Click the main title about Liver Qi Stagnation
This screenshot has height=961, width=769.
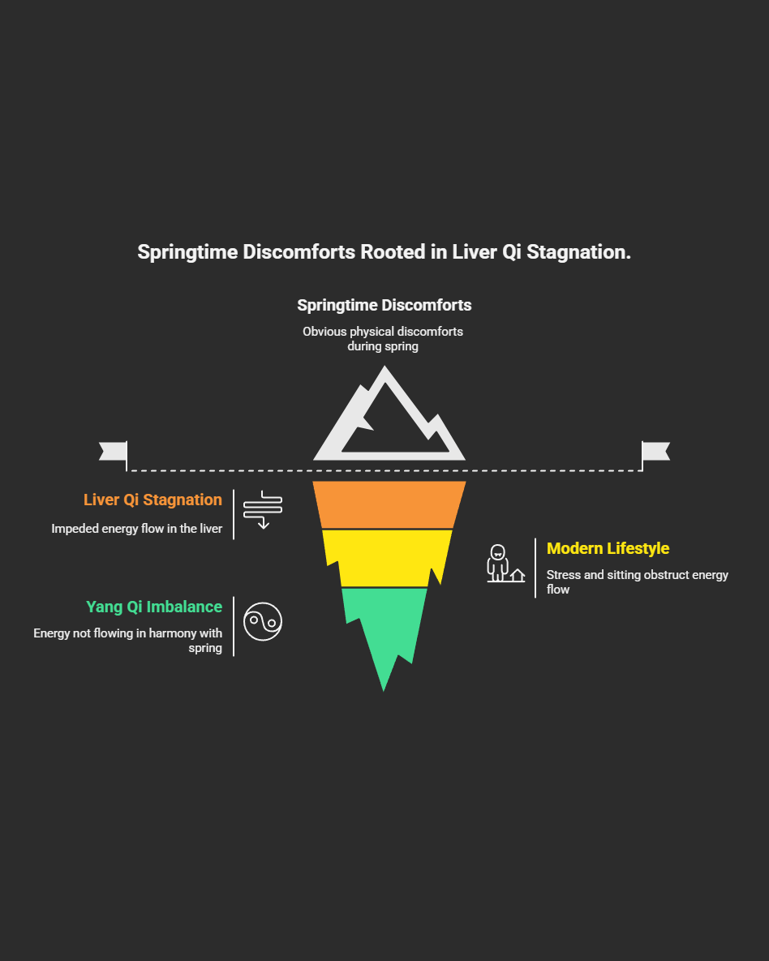click(384, 252)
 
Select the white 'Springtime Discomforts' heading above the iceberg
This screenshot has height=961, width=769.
click(384, 306)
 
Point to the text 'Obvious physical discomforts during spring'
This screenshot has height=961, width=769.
click(383, 339)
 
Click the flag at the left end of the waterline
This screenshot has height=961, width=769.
click(114, 452)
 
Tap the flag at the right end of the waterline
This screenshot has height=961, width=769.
click(655, 452)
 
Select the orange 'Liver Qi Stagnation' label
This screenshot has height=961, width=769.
click(153, 500)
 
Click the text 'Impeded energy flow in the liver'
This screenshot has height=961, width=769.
click(136, 529)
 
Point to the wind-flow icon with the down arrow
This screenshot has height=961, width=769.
click(263, 509)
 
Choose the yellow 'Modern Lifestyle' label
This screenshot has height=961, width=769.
click(608, 549)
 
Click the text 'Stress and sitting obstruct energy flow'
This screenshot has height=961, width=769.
click(637, 581)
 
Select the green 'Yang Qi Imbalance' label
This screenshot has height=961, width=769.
click(154, 607)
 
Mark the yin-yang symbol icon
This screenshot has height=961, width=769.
click(263, 622)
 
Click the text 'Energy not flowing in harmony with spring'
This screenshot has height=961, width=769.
click(127, 640)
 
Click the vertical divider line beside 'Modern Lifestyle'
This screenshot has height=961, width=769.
click(535, 568)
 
